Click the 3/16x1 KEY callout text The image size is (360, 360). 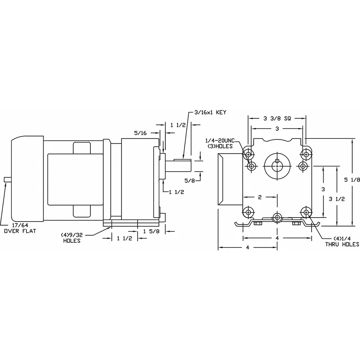[210, 113]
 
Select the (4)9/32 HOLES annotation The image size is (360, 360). [72, 238]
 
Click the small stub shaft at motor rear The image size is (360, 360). [7, 180]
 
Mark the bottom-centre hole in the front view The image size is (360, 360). [276, 217]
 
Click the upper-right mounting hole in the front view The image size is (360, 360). [307, 153]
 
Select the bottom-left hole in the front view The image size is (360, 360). [250, 212]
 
